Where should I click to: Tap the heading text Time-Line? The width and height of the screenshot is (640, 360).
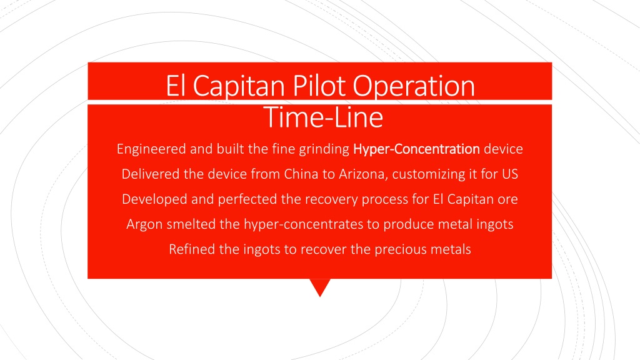pyautogui.click(x=323, y=117)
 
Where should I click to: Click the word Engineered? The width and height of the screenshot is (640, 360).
pyautogui.click(x=151, y=149)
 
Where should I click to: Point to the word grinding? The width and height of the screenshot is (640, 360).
pyautogui.click(x=324, y=149)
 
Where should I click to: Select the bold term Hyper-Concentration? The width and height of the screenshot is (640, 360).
pyautogui.click(x=416, y=149)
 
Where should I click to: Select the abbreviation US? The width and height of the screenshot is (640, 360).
pyautogui.click(x=510, y=174)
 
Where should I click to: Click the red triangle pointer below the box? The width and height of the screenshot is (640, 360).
pyautogui.click(x=320, y=286)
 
